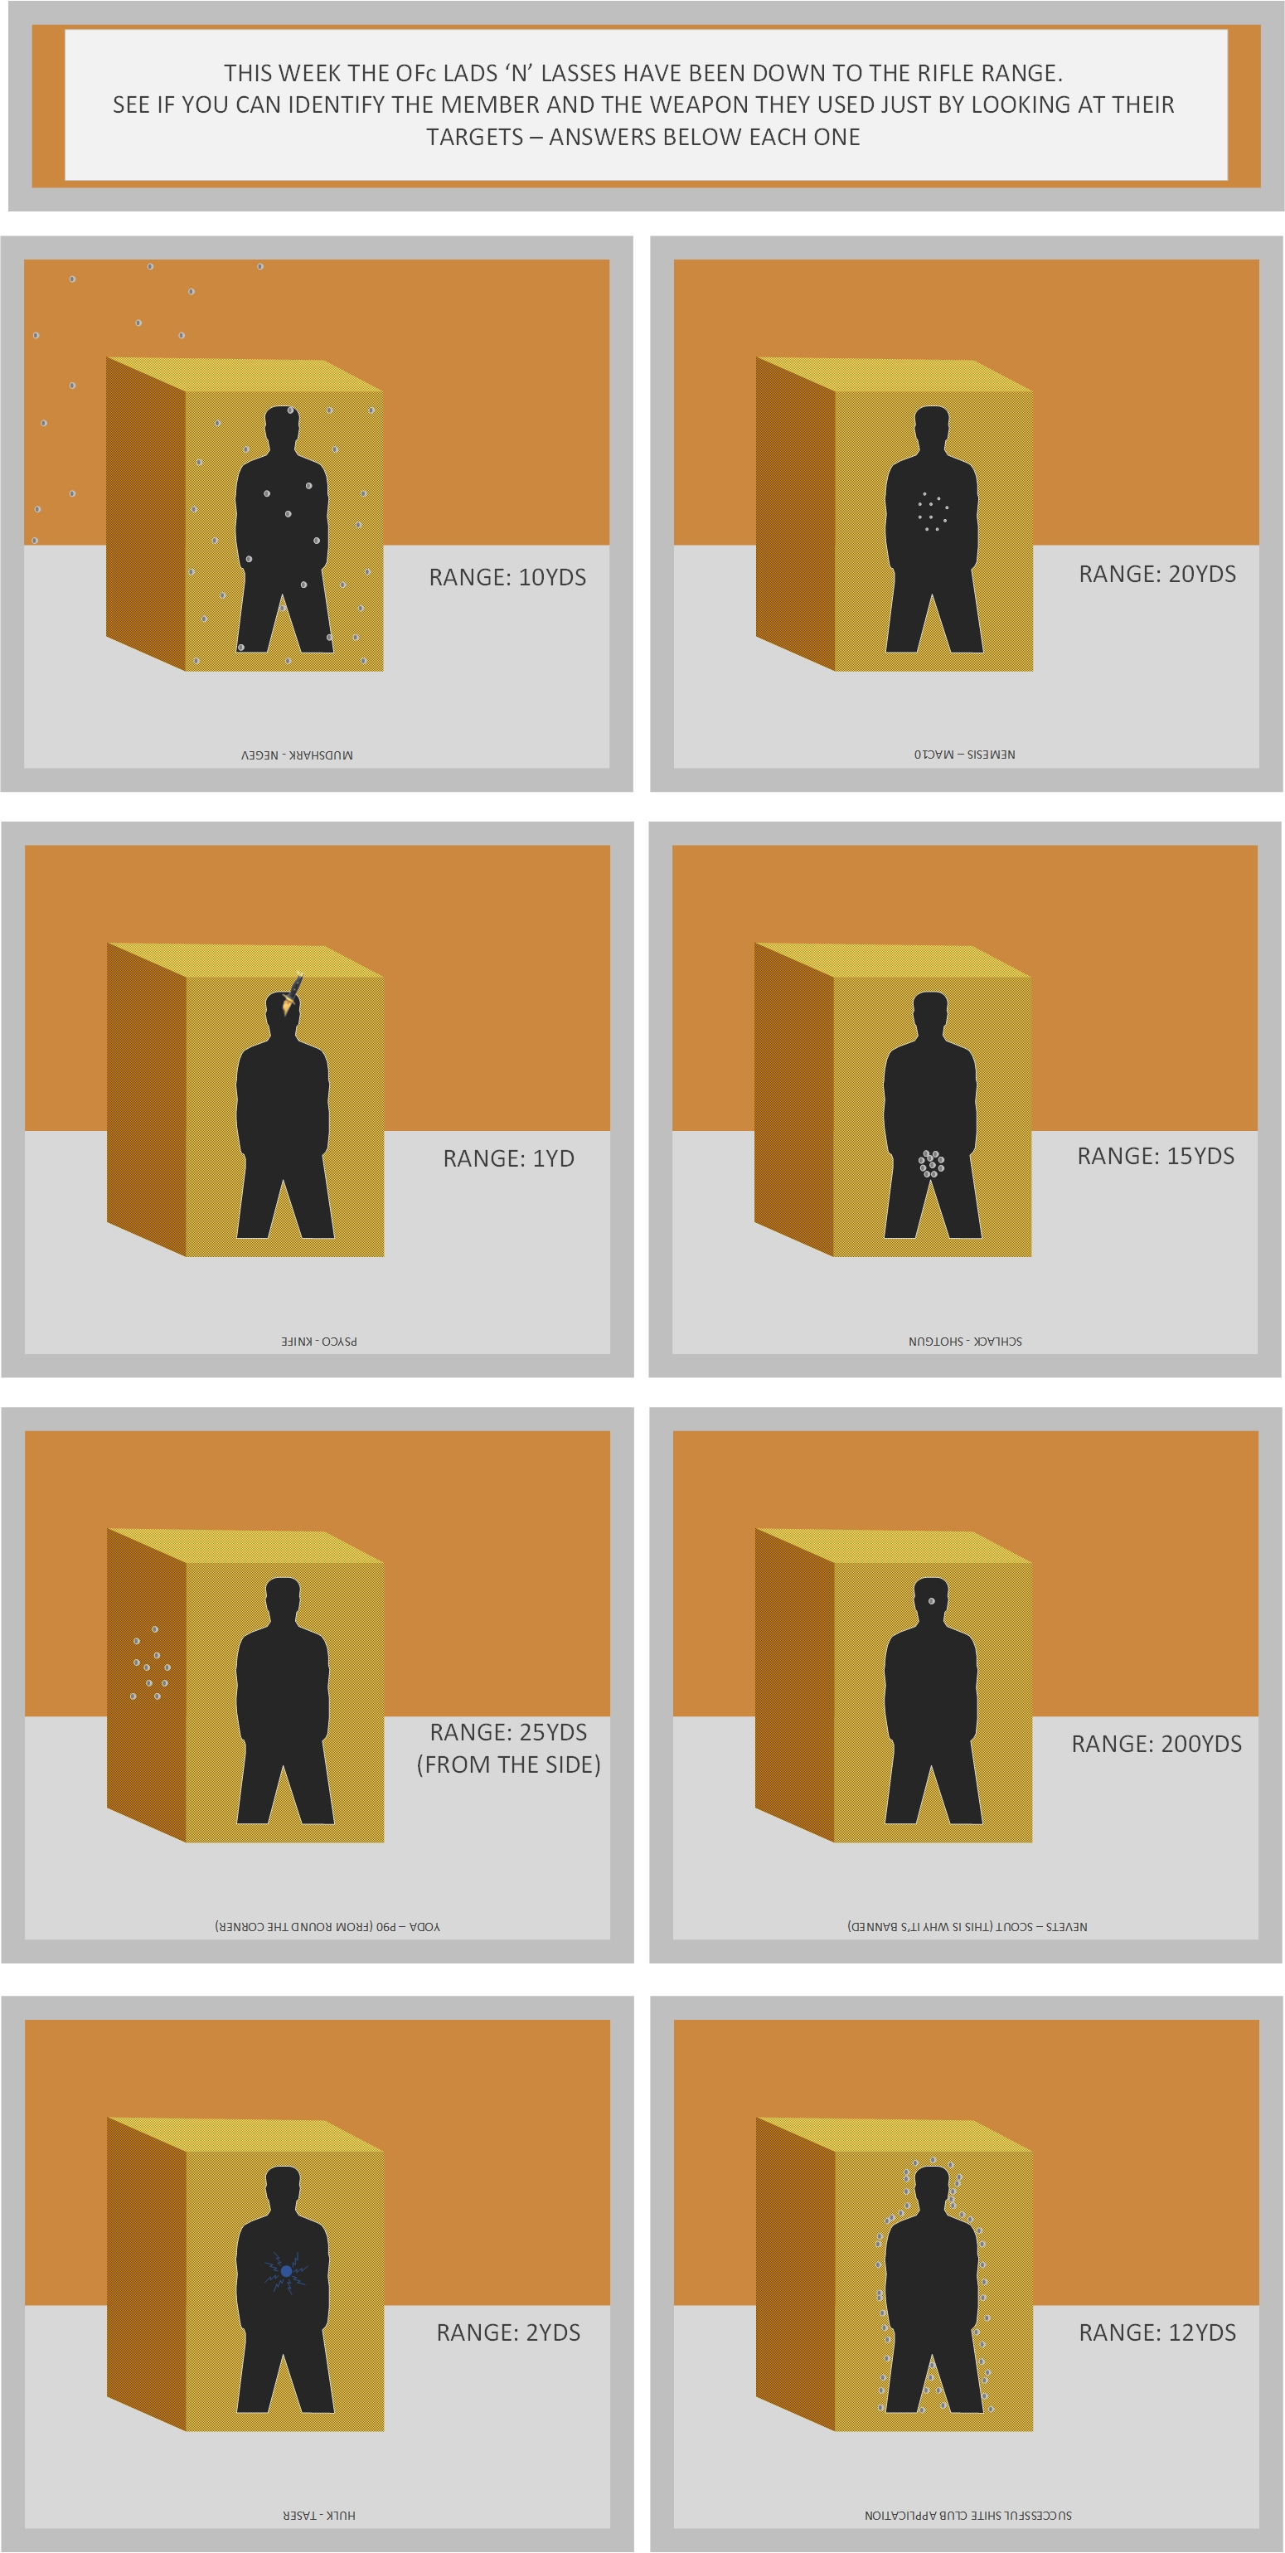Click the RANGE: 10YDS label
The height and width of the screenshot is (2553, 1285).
[507, 577]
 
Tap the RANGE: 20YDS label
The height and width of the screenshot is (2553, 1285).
[1157, 574]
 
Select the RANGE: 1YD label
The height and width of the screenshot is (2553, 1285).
[508, 1158]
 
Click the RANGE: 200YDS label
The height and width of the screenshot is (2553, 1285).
[1156, 1743]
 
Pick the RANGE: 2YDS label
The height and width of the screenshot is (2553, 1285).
[508, 2332]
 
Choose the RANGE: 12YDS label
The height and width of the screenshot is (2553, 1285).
[1157, 2332]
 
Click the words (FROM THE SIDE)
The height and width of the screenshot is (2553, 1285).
[508, 1765]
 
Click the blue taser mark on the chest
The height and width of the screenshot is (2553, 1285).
[286, 2270]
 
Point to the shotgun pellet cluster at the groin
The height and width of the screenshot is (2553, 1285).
[931, 1163]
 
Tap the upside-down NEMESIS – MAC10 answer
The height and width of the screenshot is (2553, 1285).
[965, 755]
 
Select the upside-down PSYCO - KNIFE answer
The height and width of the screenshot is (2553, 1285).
[319, 1341]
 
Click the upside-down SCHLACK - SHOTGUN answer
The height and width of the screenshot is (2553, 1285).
[965, 1341]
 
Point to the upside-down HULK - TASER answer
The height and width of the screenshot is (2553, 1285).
[319, 2516]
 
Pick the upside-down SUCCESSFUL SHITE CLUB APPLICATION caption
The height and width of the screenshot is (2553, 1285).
[968, 2516]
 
